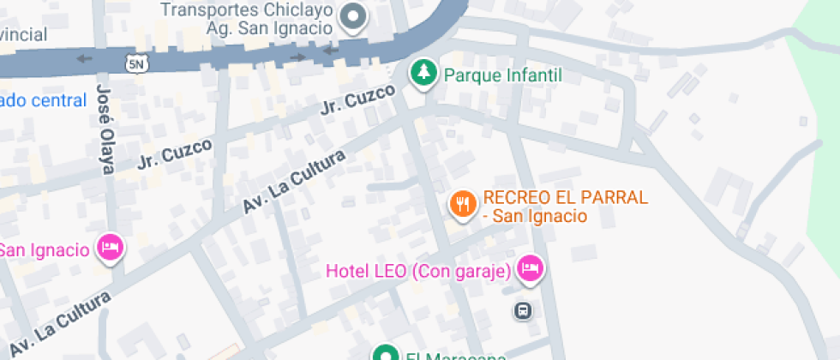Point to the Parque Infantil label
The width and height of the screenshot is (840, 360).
[x=502, y=75]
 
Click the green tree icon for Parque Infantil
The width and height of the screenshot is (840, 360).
[x=422, y=74]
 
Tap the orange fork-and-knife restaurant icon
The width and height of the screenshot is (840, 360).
[x=463, y=204]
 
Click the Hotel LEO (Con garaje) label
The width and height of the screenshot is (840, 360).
[x=418, y=272]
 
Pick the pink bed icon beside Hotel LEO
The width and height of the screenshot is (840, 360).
[x=531, y=270]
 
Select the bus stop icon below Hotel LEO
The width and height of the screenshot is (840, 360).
[x=523, y=310]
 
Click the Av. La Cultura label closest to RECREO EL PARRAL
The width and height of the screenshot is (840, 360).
[x=294, y=182]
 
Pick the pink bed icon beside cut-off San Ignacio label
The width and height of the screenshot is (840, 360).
[x=110, y=249]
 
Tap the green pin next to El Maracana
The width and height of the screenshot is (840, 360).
[x=386, y=353]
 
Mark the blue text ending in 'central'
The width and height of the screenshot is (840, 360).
[x=44, y=100]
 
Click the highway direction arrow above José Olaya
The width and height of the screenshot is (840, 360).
[x=83, y=59]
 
